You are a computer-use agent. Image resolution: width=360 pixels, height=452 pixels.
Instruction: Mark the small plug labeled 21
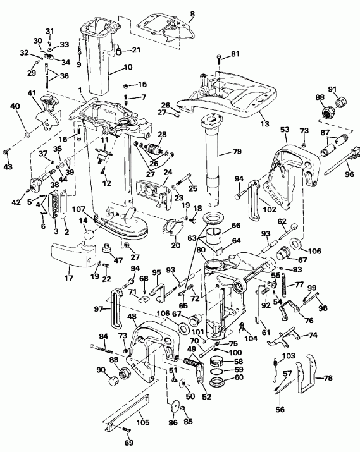click(119, 51)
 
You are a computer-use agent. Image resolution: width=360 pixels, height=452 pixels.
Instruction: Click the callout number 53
click(283, 130)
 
